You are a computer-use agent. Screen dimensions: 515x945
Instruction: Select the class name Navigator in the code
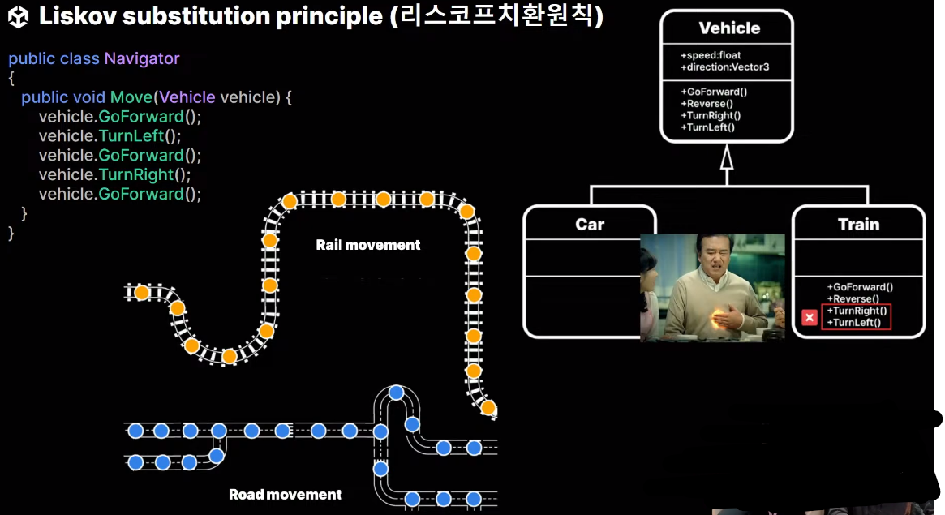[142, 58]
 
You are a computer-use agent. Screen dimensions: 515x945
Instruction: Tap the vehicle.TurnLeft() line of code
[110, 135]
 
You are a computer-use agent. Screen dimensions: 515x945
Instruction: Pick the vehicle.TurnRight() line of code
[114, 174]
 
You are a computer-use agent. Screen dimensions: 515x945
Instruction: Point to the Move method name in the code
[131, 97]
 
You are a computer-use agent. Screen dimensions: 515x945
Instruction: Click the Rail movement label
[368, 244]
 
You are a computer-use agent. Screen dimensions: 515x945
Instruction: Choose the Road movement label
[286, 494]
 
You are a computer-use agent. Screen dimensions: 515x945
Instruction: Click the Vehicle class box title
[729, 28]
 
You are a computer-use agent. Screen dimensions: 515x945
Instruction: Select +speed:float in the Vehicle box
[711, 55]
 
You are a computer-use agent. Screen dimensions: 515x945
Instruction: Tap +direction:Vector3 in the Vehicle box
[724, 67]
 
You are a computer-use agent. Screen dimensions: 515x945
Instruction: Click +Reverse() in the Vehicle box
[707, 103]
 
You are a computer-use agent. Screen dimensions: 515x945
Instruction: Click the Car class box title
[590, 224]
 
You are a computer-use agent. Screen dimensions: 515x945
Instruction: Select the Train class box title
[858, 224]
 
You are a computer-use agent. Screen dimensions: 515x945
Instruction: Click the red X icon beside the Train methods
[809, 317]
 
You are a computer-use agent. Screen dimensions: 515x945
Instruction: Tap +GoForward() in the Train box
[860, 287]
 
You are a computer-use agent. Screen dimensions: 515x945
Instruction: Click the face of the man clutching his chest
[713, 264]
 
